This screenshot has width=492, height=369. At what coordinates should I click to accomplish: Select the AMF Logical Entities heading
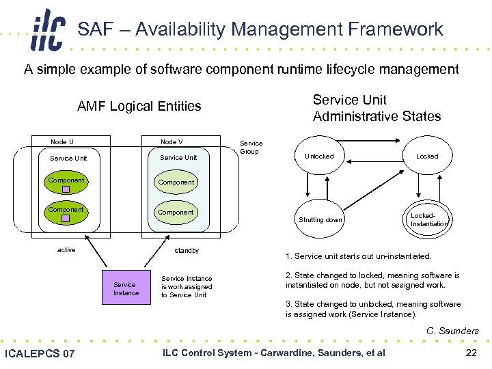pyautogui.click(x=139, y=106)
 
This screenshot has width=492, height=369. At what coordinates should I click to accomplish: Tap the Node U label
pyautogui.click(x=62, y=141)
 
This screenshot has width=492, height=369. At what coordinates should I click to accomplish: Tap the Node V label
pyautogui.click(x=172, y=141)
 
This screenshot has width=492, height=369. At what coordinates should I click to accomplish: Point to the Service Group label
pyautogui.click(x=251, y=147)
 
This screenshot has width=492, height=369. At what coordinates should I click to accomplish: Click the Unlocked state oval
pyautogui.click(x=318, y=156)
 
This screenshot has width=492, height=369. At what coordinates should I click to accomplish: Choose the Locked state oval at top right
pyautogui.click(x=427, y=156)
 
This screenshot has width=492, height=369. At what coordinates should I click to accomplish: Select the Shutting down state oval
pyautogui.click(x=320, y=219)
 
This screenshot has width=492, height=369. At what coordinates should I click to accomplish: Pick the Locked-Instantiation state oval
pyautogui.click(x=428, y=219)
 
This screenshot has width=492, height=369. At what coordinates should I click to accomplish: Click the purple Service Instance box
pyautogui.click(x=126, y=289)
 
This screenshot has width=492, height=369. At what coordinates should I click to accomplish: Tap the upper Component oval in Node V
pyautogui.click(x=176, y=182)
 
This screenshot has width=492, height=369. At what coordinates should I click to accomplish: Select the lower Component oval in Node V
pyautogui.click(x=176, y=213)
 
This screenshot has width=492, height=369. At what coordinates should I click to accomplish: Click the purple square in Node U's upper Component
pyautogui.click(x=66, y=189)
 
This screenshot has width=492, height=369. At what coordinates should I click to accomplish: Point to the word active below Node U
pyautogui.click(x=66, y=250)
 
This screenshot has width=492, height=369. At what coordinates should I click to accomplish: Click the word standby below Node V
pyautogui.click(x=187, y=251)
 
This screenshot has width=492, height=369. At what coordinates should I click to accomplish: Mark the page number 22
pyautogui.click(x=470, y=353)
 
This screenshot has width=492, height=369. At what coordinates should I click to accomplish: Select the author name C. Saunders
pyautogui.click(x=452, y=331)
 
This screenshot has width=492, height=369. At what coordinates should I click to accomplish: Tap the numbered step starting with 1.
pyautogui.click(x=358, y=257)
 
